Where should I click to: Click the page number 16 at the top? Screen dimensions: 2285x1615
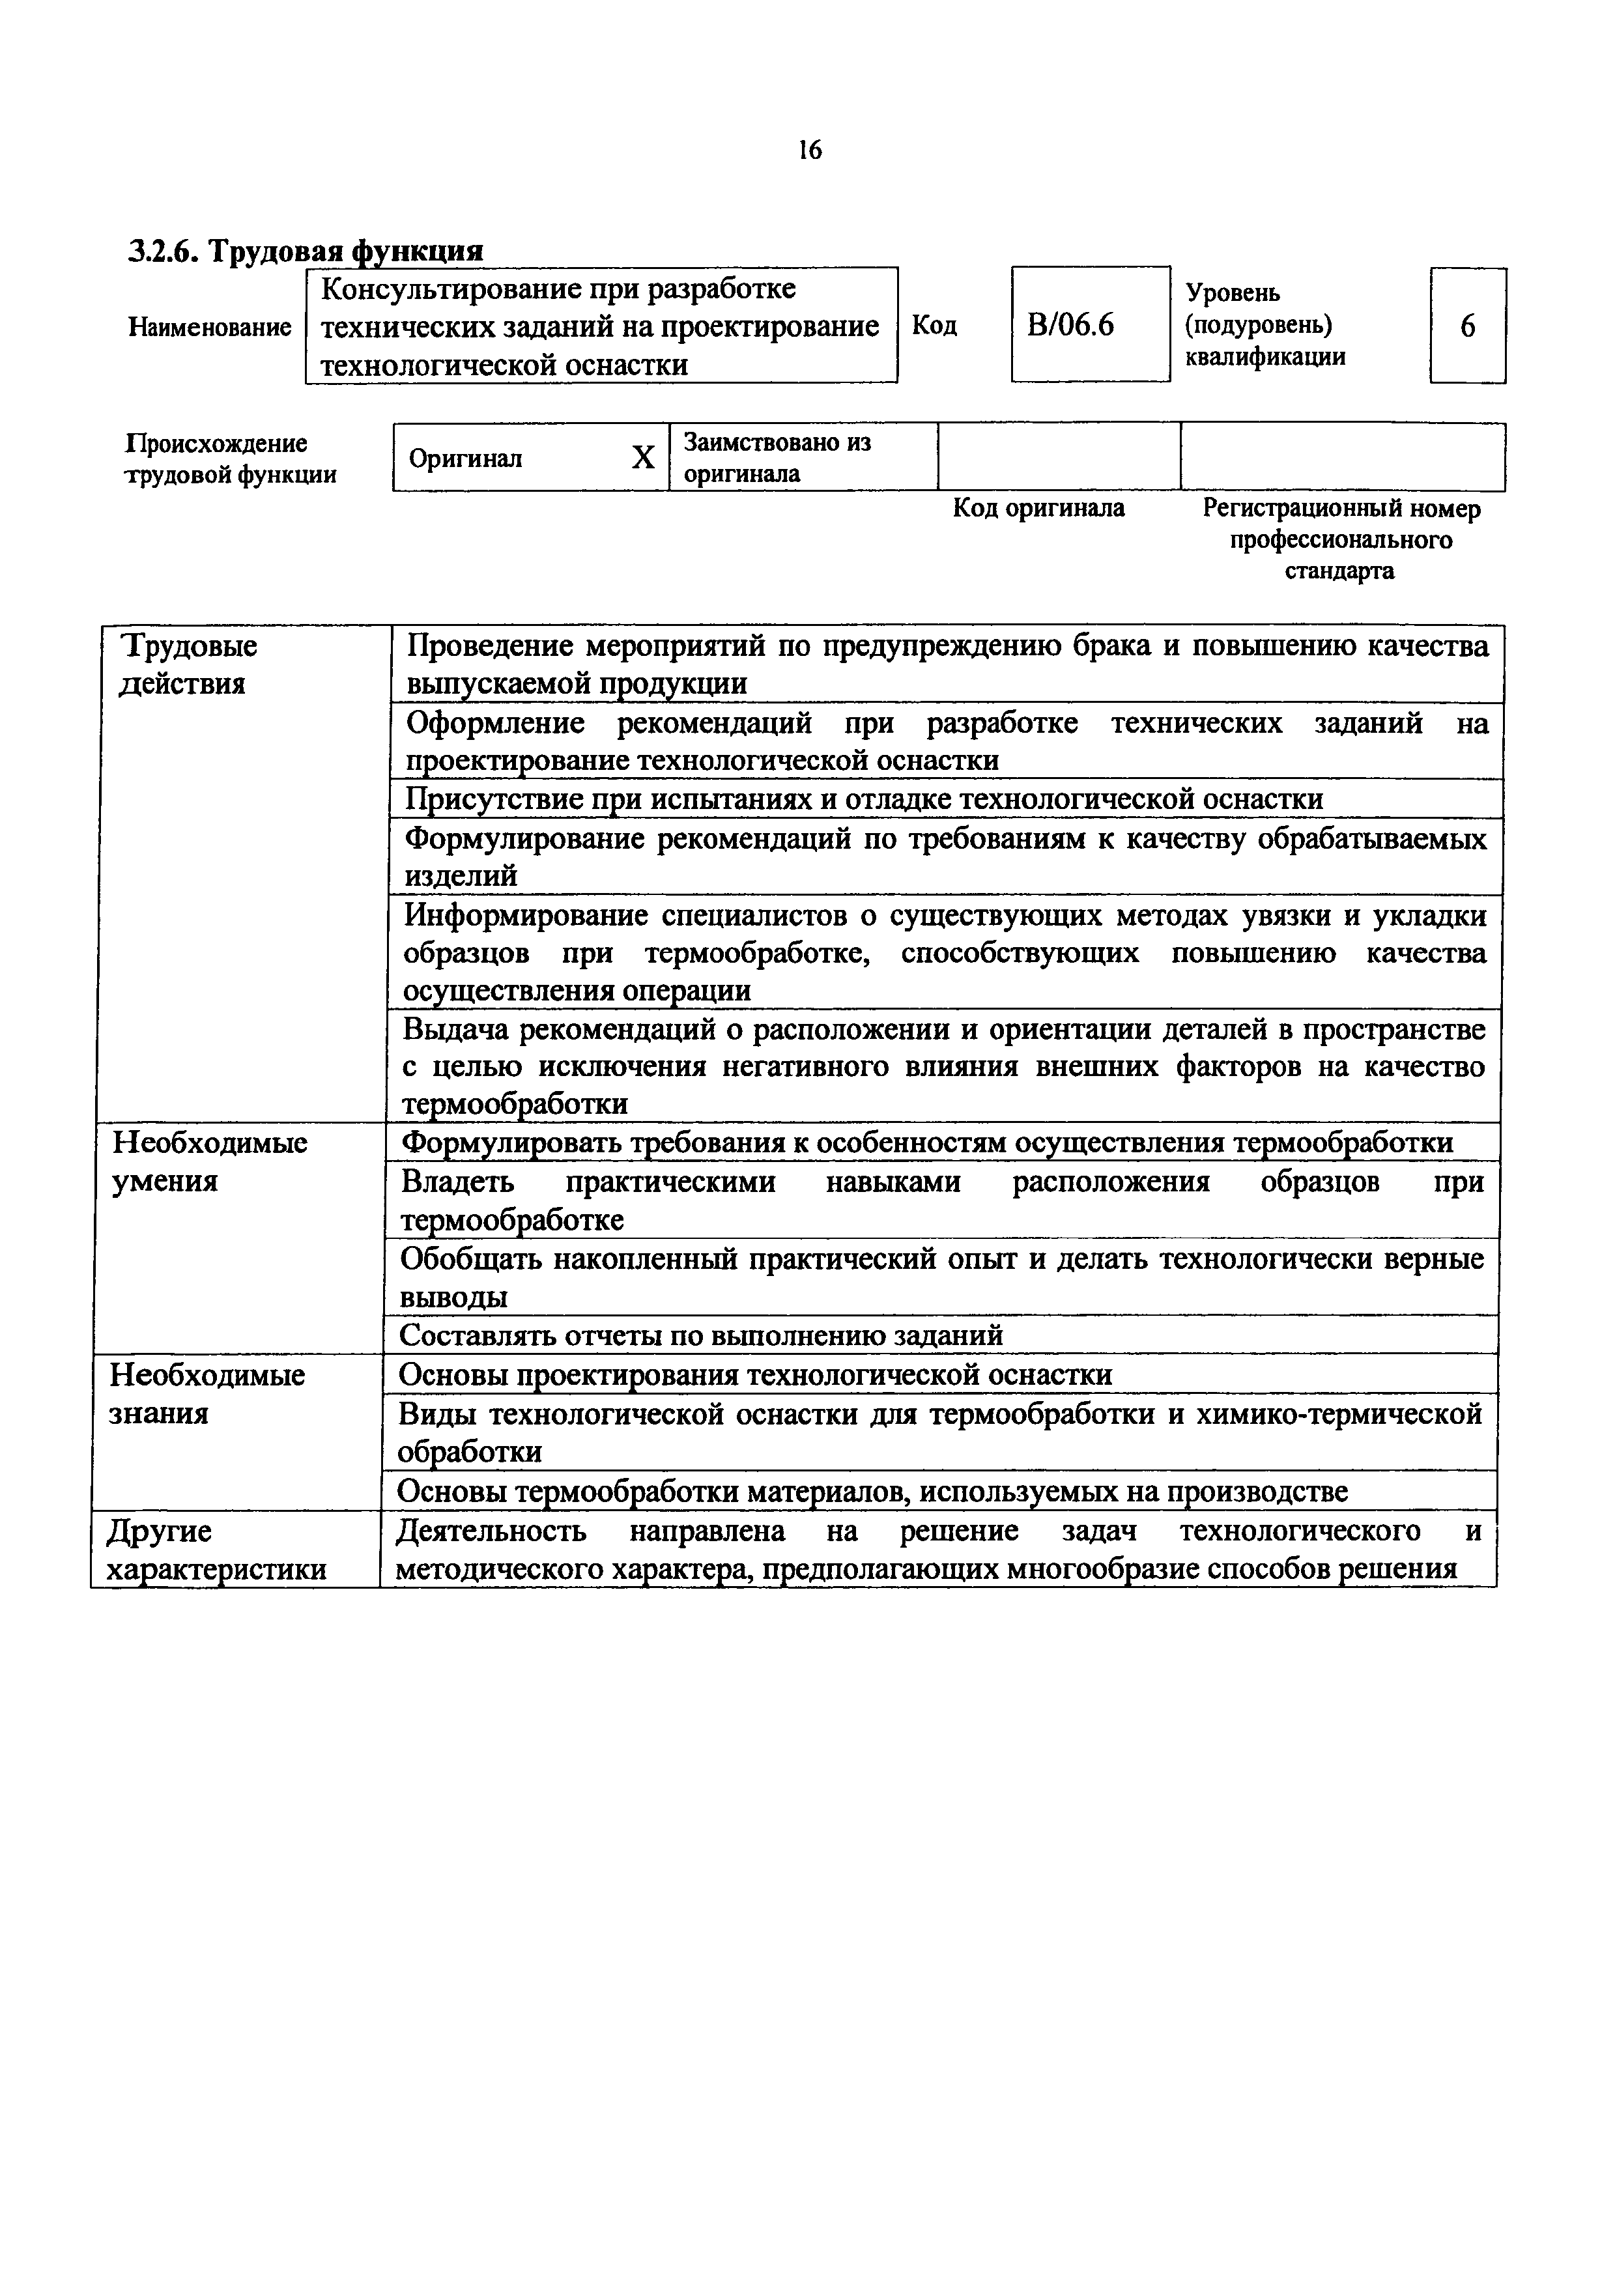coord(809,150)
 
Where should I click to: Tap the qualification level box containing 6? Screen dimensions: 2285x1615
coord(1468,326)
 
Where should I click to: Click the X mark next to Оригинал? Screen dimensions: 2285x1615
coord(644,458)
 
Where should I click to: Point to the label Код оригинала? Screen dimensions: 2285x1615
coord(1039,509)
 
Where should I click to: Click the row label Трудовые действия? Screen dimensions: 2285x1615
coord(188,665)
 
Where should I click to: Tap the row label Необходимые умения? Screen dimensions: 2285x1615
coord(210,1161)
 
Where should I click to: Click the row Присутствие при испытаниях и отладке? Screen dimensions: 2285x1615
coord(864,799)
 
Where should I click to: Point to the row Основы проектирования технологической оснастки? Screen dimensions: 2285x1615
coord(754,1374)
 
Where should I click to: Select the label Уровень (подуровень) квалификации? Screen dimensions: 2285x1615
coord(1264,326)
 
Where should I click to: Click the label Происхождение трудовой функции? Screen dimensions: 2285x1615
coord(231,459)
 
